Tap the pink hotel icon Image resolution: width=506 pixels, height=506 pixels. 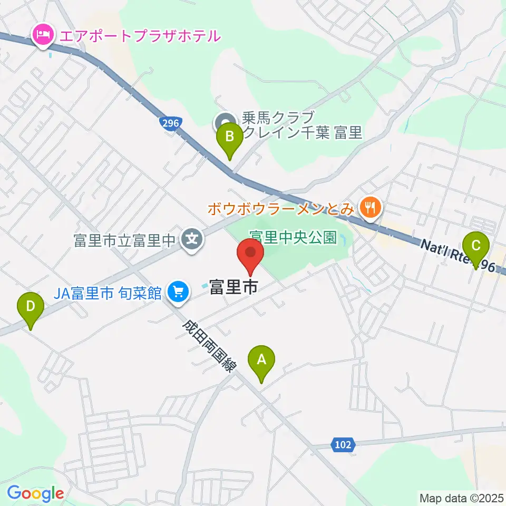[x=42, y=36]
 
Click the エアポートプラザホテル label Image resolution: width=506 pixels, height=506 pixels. [x=140, y=36]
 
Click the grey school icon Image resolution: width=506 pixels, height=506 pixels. [x=191, y=240]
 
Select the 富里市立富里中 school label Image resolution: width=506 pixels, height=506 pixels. [x=124, y=241]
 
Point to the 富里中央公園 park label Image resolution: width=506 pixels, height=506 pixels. [x=293, y=237]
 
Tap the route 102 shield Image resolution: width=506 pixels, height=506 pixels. [x=342, y=445]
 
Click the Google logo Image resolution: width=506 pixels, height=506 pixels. [x=35, y=493]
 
